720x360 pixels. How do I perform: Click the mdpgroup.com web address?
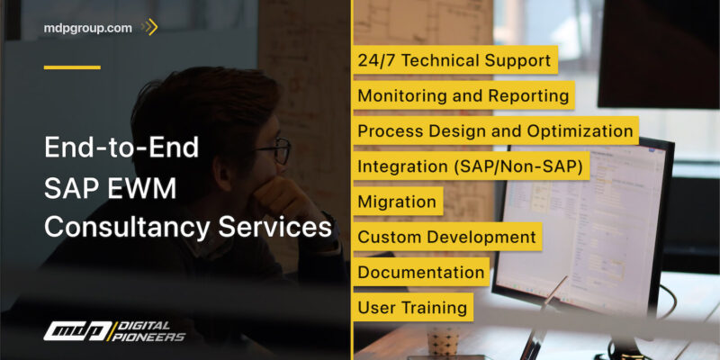pos(87,28)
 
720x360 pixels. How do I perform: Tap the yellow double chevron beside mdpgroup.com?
pos(150,28)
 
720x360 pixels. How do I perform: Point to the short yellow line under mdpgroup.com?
pos(72,67)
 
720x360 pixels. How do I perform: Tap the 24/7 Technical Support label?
pos(454,61)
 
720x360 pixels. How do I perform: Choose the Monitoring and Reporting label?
pos(463,95)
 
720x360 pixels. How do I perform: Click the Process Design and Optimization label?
pos(495,130)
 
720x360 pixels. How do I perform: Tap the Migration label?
pos(397,202)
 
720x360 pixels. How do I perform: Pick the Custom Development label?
pos(446,237)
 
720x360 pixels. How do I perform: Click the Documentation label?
pos(421,272)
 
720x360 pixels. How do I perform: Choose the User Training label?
pos(412,307)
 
